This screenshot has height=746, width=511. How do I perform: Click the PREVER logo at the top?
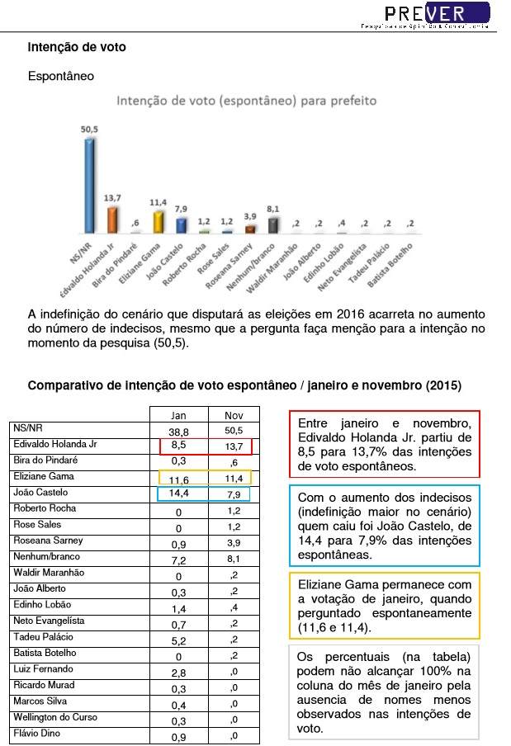[x=437, y=14]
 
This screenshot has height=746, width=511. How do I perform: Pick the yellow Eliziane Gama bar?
[x=158, y=221]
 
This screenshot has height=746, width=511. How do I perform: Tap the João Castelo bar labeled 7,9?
[x=181, y=226]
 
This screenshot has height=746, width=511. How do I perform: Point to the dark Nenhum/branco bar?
[x=273, y=225]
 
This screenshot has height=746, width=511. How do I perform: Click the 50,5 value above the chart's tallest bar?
[x=90, y=129]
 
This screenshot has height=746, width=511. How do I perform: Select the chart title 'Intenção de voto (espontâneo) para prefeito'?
[x=246, y=102]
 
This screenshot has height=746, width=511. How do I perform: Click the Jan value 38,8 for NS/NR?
[x=178, y=431]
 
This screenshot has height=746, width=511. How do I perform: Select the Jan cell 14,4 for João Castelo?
[x=178, y=494]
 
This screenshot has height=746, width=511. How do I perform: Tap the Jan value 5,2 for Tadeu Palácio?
[x=178, y=639]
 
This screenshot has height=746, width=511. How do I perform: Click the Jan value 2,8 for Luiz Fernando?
[x=178, y=671]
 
